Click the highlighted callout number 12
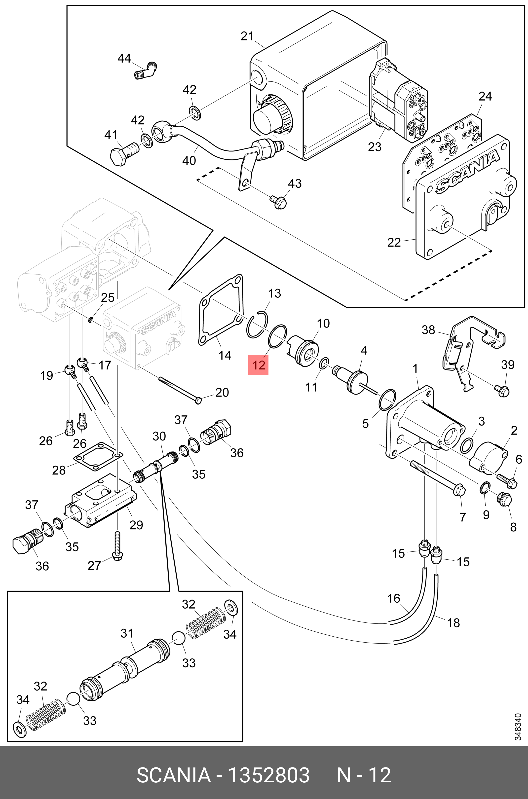point(259,365)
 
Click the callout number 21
point(247,36)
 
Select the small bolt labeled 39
point(502,390)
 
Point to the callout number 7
point(463,517)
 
